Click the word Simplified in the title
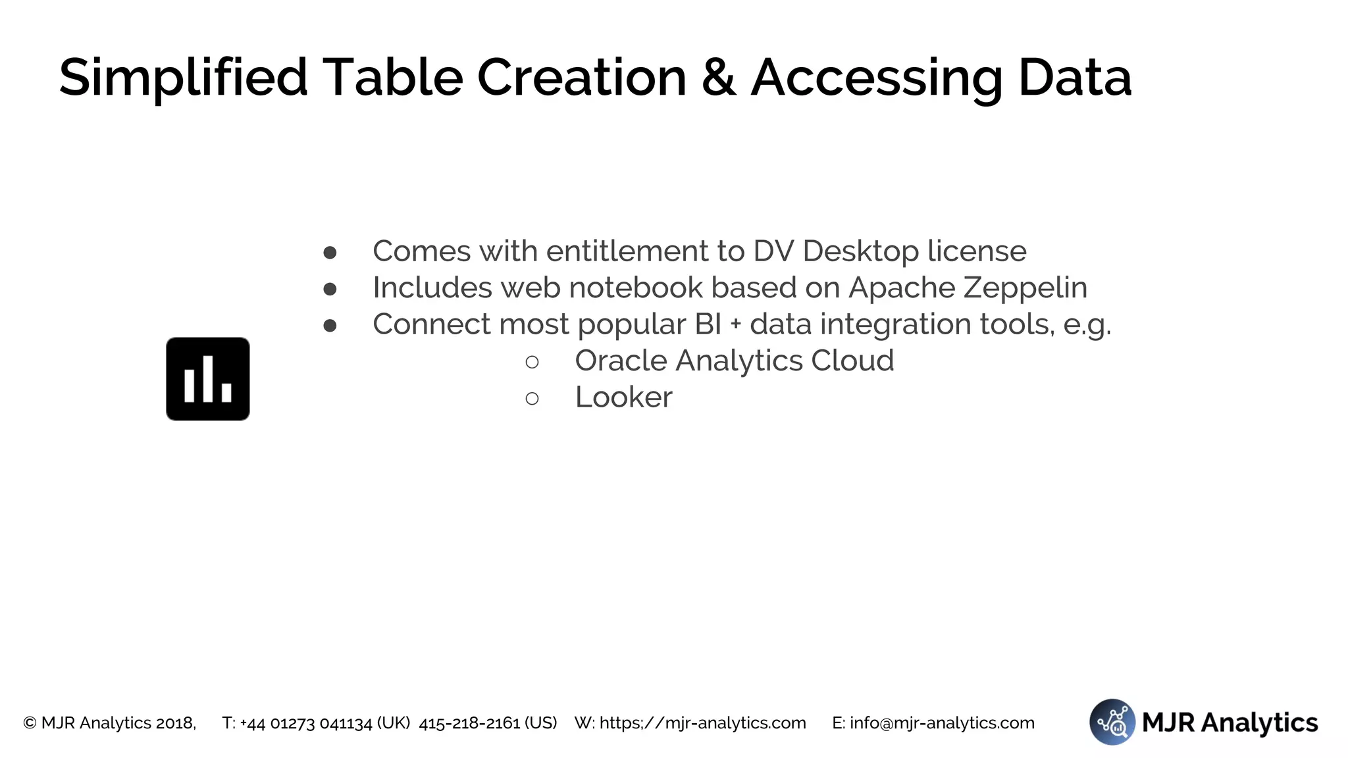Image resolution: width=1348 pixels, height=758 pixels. pyautogui.click(x=183, y=78)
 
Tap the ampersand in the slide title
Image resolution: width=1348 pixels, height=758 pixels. pyautogui.click(x=718, y=78)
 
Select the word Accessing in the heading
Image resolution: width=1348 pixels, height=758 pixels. pyautogui.click(x=877, y=78)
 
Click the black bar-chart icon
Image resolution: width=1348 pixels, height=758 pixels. pyautogui.click(x=208, y=379)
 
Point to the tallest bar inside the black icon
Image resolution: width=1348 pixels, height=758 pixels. pyautogui.click(x=208, y=379)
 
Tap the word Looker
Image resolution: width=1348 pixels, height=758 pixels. pyautogui.click(x=623, y=397)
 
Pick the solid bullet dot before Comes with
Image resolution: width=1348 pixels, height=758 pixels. pyautogui.click(x=330, y=253)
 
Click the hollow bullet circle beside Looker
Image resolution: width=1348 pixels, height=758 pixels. pyautogui.click(x=532, y=399)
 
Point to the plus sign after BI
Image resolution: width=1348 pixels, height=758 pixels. pyautogui.click(x=735, y=325)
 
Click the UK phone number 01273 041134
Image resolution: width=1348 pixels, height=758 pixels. pyautogui.click(x=321, y=723)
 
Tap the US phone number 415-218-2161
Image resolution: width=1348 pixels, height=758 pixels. pyautogui.click(x=469, y=723)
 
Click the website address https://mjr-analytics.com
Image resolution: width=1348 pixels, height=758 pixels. pyautogui.click(x=702, y=723)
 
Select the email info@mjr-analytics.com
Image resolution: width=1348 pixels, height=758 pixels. pyautogui.click(x=942, y=723)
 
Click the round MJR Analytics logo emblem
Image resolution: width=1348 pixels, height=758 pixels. pyautogui.click(x=1112, y=722)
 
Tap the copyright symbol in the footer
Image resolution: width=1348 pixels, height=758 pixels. pyautogui.click(x=30, y=723)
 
